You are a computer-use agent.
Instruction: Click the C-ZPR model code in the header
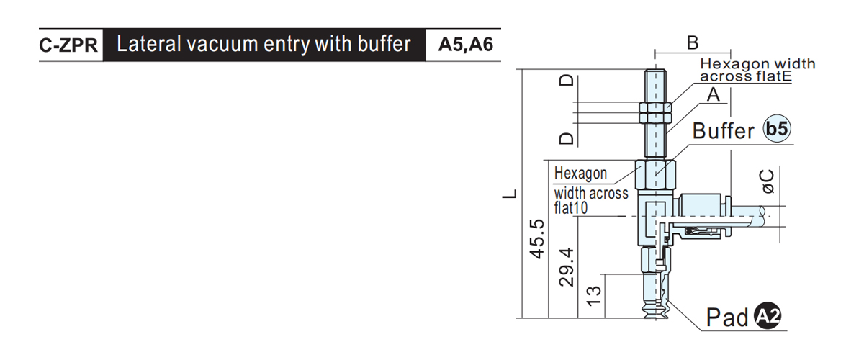coord(68,45)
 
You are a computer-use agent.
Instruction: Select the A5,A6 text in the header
coord(466,45)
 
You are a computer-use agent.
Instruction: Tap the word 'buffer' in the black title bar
coord(384,44)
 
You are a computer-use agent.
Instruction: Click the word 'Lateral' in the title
coord(148,44)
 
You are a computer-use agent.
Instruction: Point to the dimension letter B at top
coord(693,42)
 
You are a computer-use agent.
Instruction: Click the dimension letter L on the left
coord(510,194)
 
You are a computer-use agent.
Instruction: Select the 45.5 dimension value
coord(536,239)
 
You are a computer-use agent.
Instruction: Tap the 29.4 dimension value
coord(566,267)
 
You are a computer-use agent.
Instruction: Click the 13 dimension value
coord(594,296)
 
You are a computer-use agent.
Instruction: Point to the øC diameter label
coord(766,181)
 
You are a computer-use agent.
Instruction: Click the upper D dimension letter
coord(567,80)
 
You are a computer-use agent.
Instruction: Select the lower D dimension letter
coord(567,138)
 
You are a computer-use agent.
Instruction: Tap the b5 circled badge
coord(777,128)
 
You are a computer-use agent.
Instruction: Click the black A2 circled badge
coord(768,315)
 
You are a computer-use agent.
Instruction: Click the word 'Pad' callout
coord(727,318)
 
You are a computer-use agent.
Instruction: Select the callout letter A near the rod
coord(714,94)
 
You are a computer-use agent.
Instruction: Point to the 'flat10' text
coord(571,208)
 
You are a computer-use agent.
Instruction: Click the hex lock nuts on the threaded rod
coord(655,112)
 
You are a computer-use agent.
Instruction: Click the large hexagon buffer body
coord(655,176)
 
